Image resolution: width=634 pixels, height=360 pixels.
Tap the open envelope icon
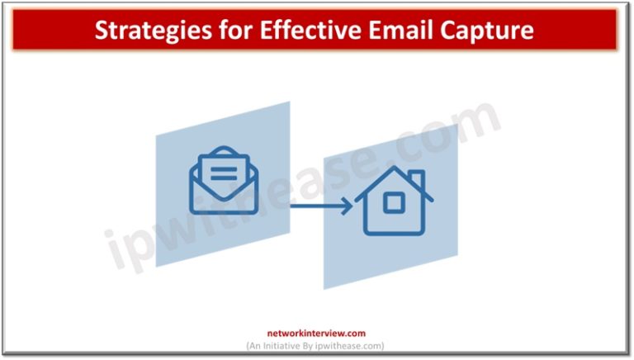224,181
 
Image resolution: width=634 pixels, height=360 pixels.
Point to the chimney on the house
416,178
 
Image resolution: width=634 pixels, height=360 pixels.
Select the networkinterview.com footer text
316,334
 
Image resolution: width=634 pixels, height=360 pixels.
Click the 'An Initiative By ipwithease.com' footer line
316,345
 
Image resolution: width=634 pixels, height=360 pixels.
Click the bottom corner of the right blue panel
324,288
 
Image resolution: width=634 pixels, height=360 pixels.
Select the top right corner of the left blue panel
290,102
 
